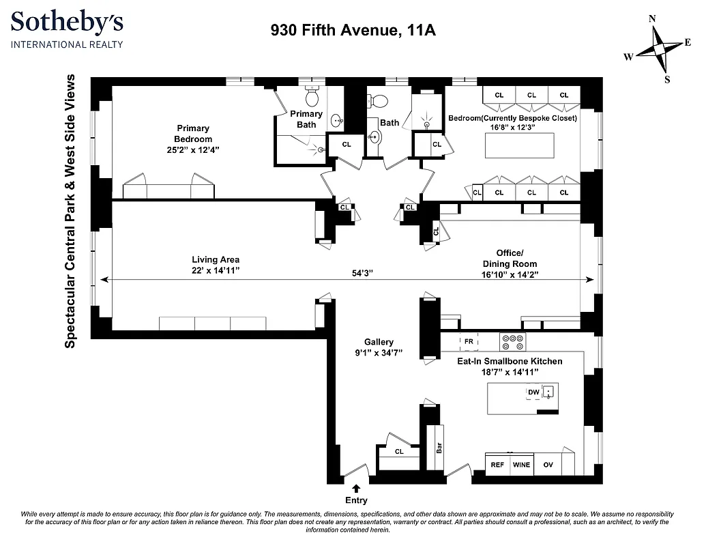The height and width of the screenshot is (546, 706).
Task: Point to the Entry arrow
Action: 356,487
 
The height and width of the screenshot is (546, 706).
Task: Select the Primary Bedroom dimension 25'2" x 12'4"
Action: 193,149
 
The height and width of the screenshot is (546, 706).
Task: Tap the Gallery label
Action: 379,342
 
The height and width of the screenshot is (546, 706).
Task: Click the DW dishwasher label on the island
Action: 533,392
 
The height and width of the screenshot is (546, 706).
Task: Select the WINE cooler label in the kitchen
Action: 521,465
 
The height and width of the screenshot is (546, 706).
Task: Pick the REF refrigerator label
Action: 498,465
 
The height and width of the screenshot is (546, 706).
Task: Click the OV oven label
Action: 548,465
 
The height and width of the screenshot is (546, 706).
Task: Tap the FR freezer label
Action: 469,340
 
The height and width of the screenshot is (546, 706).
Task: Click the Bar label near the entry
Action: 439,448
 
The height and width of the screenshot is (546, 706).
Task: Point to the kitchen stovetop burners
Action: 512,340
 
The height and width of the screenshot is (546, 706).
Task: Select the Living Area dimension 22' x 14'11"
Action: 215,270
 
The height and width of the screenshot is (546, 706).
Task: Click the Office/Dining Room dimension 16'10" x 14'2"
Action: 510,274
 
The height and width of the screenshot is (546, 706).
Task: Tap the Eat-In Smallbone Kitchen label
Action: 510,360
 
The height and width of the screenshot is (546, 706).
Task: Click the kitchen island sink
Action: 548,392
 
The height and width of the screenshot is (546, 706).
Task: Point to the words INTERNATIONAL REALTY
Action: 66,45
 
